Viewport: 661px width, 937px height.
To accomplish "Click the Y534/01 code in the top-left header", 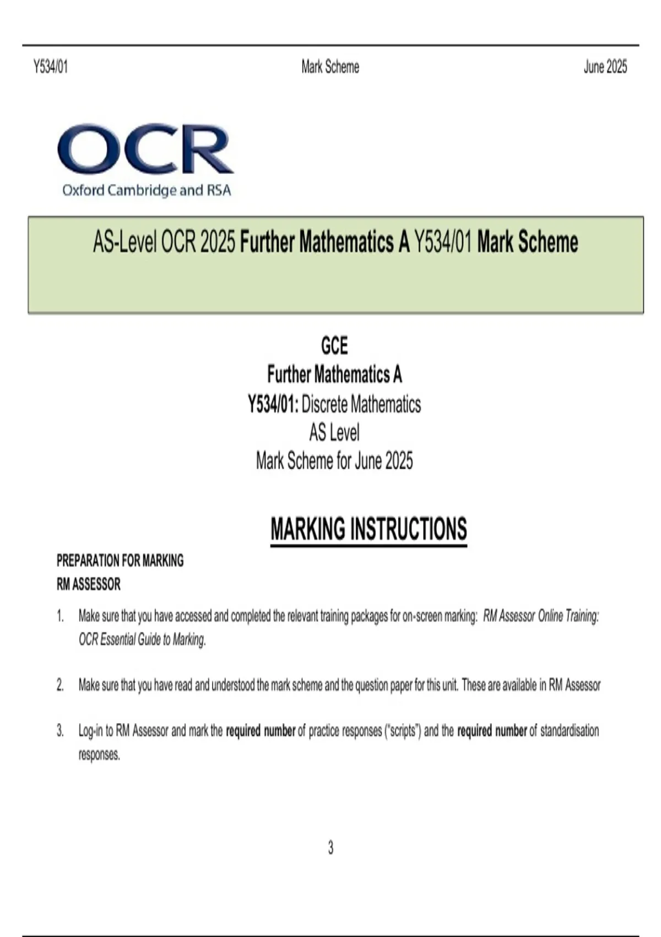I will pyautogui.click(x=51, y=67).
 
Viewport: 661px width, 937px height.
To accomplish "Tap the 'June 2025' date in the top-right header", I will pyautogui.click(x=605, y=67).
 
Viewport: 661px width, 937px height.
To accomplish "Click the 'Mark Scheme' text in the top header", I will pyautogui.click(x=330, y=67).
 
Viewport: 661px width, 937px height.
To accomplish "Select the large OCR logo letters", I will pyautogui.click(x=145, y=149).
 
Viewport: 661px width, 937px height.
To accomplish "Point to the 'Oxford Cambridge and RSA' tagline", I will pyautogui.click(x=147, y=191).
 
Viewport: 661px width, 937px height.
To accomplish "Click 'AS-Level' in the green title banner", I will pyautogui.click(x=125, y=243).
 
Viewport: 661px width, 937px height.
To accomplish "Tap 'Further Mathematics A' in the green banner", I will pyautogui.click(x=325, y=243).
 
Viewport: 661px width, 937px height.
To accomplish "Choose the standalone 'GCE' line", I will pyautogui.click(x=334, y=346).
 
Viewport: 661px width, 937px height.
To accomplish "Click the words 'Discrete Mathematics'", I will pyautogui.click(x=361, y=405).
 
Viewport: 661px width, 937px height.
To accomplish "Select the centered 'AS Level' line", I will pyautogui.click(x=334, y=433).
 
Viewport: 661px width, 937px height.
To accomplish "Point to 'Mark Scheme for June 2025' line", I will pyautogui.click(x=334, y=461).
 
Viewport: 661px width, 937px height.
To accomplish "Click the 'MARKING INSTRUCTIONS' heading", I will pyautogui.click(x=369, y=529).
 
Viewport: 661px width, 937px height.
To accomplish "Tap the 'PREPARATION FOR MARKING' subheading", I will pyautogui.click(x=120, y=561).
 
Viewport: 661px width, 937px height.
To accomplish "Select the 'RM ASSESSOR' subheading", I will pyautogui.click(x=89, y=584).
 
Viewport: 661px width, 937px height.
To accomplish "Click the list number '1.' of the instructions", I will pyautogui.click(x=60, y=616).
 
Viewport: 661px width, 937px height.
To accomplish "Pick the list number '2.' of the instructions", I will pyautogui.click(x=60, y=686).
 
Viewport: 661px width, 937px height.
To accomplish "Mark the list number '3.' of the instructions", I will pyautogui.click(x=60, y=731).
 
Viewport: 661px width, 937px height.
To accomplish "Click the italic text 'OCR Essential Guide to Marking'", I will pyautogui.click(x=142, y=640).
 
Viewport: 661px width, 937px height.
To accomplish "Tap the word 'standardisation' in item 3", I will pyautogui.click(x=569, y=731).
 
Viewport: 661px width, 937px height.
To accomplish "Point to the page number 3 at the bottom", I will pyautogui.click(x=330, y=848).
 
